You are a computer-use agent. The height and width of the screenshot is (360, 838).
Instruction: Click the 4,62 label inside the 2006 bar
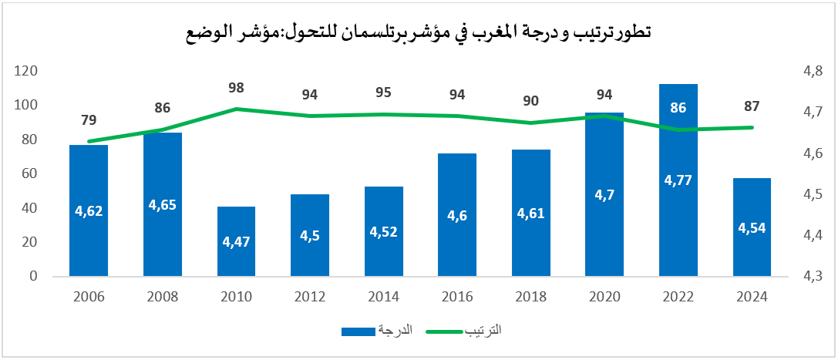(89, 209)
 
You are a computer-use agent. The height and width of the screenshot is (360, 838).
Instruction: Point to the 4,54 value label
(752, 228)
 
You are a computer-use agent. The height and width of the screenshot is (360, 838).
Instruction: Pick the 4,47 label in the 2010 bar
(236, 241)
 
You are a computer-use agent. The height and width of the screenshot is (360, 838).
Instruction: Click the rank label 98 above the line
(236, 89)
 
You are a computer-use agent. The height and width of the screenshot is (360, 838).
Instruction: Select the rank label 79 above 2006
(89, 120)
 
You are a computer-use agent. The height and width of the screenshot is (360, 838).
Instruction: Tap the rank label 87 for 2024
(752, 106)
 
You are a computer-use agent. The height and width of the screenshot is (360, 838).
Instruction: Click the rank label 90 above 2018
(531, 101)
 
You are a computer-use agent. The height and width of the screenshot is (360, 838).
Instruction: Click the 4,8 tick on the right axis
(813, 71)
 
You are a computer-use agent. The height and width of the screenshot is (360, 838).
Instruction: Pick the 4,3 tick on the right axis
(813, 276)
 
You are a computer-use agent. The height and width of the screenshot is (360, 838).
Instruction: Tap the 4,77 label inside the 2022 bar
(678, 180)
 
